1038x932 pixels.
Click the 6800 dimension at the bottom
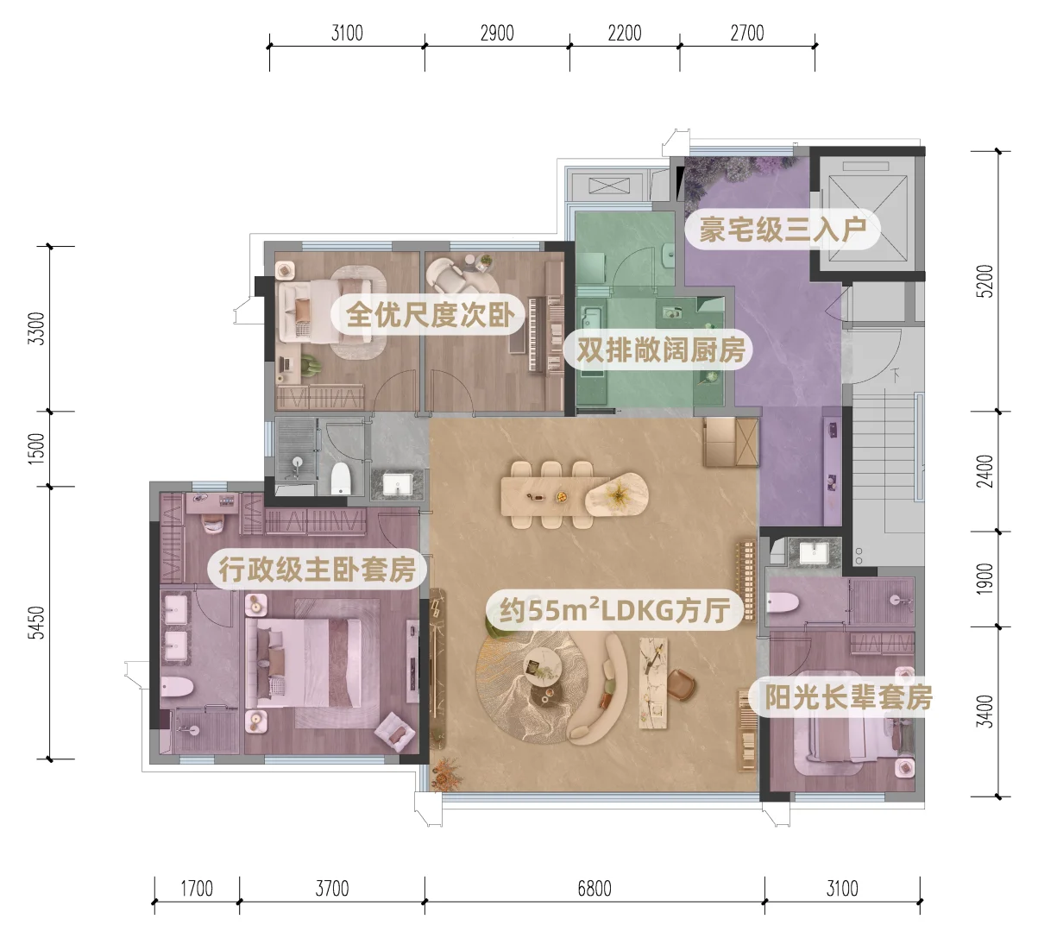(594, 889)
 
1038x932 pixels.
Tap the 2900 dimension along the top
(497, 34)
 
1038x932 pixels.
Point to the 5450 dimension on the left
(36, 622)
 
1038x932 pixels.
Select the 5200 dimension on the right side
(985, 281)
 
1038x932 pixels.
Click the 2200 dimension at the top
(625, 34)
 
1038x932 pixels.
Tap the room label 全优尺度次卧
(430, 314)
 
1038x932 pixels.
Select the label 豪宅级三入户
(783, 229)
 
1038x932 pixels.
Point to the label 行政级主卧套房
(318, 569)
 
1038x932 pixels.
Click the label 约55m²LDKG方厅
(614, 610)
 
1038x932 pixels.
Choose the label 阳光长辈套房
(848, 696)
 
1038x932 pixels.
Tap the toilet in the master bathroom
(177, 687)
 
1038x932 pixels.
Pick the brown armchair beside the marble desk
(682, 684)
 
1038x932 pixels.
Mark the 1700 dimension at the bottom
(197, 889)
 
